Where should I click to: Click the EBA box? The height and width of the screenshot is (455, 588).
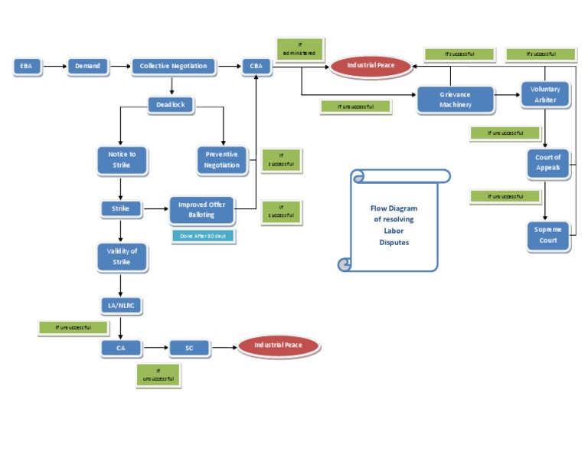tap(28, 67)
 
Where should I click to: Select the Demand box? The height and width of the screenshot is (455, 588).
tap(87, 67)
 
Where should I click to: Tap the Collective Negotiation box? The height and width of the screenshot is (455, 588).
tap(173, 67)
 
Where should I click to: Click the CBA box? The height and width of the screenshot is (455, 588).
tap(256, 67)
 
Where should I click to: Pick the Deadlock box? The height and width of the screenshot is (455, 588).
tap(171, 105)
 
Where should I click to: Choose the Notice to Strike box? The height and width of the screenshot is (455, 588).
tap(122, 159)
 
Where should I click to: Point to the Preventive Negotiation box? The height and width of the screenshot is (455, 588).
tap(222, 159)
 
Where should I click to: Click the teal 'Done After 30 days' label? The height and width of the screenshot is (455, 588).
tap(203, 236)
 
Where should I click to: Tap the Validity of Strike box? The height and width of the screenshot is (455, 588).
tap(122, 257)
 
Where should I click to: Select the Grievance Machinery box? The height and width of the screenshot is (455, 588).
tap(455, 100)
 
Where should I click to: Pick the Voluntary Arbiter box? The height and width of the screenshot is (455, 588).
tap(545, 95)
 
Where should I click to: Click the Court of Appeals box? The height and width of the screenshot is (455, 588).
tap(547, 162)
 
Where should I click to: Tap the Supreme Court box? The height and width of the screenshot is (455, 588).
tap(547, 235)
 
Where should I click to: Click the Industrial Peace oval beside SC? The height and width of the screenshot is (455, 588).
tap(279, 346)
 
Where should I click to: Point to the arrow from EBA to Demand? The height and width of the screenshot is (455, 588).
tap(54, 67)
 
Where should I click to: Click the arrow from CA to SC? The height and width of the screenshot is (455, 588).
tap(155, 348)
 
